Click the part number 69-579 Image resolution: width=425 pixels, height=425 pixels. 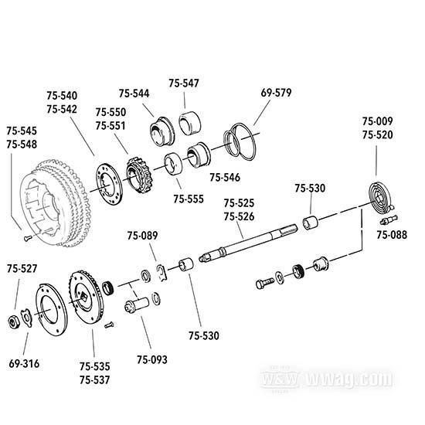[276, 93]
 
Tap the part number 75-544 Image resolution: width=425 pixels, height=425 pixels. [134, 93]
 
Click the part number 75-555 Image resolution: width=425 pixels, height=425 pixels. [188, 199]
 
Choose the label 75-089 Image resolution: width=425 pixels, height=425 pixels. [141, 236]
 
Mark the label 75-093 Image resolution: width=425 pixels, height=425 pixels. [151, 359]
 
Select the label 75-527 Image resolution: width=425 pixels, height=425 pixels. [22, 269]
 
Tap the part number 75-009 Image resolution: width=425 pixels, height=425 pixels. [378, 121]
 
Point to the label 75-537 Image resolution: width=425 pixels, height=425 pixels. [94, 380]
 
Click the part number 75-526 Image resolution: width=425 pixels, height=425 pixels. [239, 216]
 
